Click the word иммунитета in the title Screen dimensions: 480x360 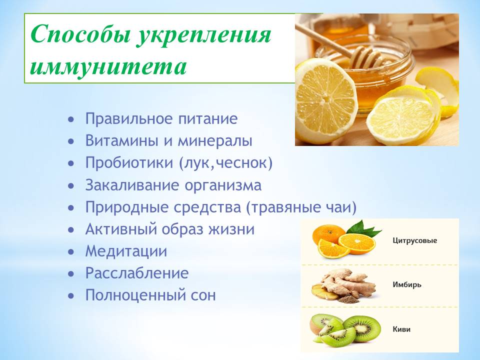(x=108, y=66)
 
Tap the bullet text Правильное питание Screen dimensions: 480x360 (x=161, y=119)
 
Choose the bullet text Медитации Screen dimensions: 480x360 (x=126, y=251)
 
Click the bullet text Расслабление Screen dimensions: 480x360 (x=137, y=273)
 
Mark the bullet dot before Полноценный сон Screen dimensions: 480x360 (x=71, y=296)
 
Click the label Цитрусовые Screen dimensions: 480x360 (x=415, y=240)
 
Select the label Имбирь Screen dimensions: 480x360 (x=407, y=284)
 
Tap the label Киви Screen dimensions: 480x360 (x=401, y=329)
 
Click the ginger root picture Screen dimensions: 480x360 (x=344, y=286)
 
